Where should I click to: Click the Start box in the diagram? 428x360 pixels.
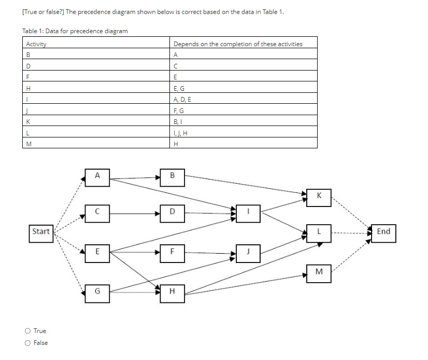click(41, 231)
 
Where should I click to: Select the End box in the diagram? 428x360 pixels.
click(383, 231)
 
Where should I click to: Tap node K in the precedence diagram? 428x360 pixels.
click(319, 196)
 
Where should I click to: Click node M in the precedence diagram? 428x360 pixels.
click(319, 271)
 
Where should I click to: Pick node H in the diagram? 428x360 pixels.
click(172, 291)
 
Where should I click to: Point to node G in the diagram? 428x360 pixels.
click(98, 291)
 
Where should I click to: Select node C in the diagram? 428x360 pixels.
click(98, 212)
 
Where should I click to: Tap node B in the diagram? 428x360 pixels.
click(172, 175)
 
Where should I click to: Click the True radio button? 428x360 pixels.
click(27, 331)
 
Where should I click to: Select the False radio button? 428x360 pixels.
click(27, 343)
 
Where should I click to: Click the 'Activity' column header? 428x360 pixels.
click(36, 44)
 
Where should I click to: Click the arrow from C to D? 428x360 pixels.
click(135, 212)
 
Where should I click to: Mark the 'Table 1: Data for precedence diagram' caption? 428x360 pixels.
click(75, 31)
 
